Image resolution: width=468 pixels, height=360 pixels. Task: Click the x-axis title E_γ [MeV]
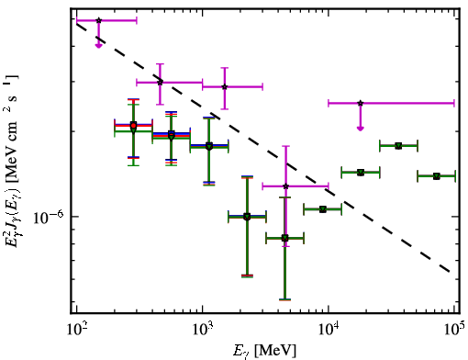point(264,351)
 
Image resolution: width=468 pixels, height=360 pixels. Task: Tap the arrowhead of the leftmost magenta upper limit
point(98,45)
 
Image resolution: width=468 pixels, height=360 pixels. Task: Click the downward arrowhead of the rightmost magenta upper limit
point(361,128)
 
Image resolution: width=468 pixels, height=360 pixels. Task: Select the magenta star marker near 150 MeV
point(98,20)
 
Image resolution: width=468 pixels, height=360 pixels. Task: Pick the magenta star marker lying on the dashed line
point(160,83)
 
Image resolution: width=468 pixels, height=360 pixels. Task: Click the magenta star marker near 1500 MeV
point(225,87)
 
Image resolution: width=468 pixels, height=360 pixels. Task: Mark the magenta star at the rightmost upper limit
point(361,103)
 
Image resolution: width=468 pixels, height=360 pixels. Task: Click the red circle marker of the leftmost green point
point(133,125)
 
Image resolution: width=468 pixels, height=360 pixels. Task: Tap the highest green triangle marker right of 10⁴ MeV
point(398,146)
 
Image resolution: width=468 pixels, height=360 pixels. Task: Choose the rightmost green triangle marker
point(437,176)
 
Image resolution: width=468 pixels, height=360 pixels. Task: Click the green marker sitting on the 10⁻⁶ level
point(247,217)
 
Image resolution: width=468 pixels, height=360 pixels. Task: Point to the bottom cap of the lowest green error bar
point(284,299)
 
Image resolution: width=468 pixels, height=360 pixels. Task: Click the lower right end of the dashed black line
point(450,272)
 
